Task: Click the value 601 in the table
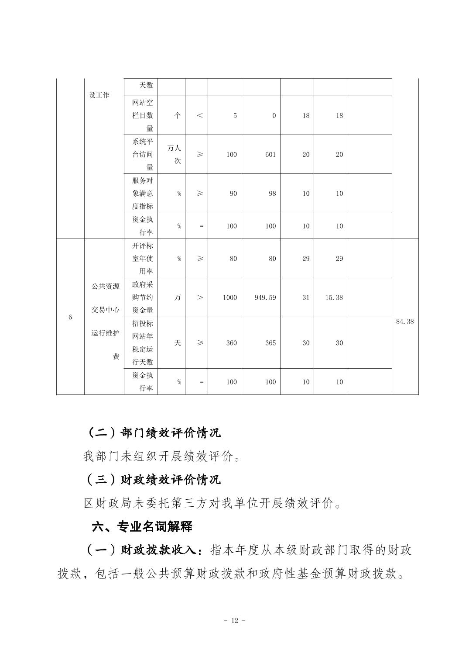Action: point(270,155)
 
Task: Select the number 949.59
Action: point(265,297)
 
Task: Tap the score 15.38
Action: point(334,297)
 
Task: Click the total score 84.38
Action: point(404,322)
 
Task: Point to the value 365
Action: point(270,343)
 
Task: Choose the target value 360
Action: point(231,343)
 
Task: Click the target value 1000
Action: point(229,297)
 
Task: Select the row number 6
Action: point(70,317)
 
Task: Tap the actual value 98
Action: point(272,194)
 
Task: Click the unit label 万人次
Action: point(174,155)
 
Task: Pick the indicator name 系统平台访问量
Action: point(143,155)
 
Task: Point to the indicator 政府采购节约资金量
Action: point(143,297)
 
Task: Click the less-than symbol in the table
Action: point(200,116)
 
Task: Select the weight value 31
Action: point(306,297)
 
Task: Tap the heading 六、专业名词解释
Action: point(142,526)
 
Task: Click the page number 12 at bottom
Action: point(234,621)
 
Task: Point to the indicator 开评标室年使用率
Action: point(143,259)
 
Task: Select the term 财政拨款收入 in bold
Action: point(161,550)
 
